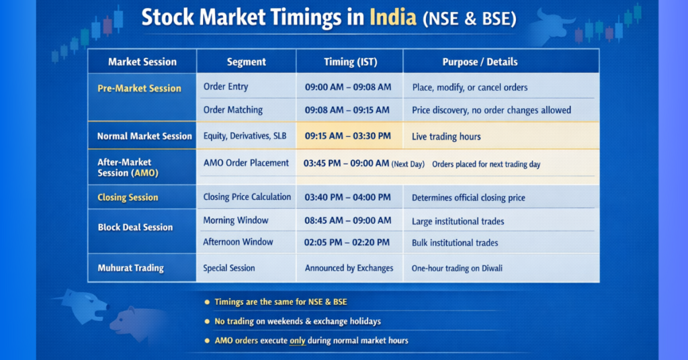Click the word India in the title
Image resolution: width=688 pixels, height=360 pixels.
(393, 17)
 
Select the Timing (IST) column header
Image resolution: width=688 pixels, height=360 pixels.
(350, 62)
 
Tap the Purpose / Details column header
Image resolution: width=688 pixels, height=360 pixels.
(480, 62)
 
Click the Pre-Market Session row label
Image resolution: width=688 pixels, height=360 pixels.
(139, 88)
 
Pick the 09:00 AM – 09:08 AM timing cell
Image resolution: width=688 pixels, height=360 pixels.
(347, 87)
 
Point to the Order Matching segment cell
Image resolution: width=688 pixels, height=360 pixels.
(232, 109)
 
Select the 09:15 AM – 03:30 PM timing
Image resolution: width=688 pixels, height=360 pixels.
(347, 136)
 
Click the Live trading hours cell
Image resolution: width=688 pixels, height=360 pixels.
(446, 136)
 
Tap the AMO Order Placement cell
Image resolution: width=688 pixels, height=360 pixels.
(246, 163)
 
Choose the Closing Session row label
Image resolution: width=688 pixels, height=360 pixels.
(128, 197)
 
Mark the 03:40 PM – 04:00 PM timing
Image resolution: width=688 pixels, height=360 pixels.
(347, 197)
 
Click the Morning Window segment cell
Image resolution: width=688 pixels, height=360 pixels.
(235, 220)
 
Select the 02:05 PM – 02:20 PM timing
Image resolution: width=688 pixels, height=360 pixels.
(347, 242)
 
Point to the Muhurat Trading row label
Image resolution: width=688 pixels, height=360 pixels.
(130, 268)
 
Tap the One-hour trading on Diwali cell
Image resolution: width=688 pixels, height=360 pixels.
(457, 268)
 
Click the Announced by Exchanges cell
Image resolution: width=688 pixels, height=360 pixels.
(349, 268)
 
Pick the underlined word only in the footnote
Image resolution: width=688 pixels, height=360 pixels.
(297, 341)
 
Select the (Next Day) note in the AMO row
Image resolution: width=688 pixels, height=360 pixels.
(408, 164)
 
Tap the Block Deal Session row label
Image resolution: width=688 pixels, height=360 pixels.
(135, 227)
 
